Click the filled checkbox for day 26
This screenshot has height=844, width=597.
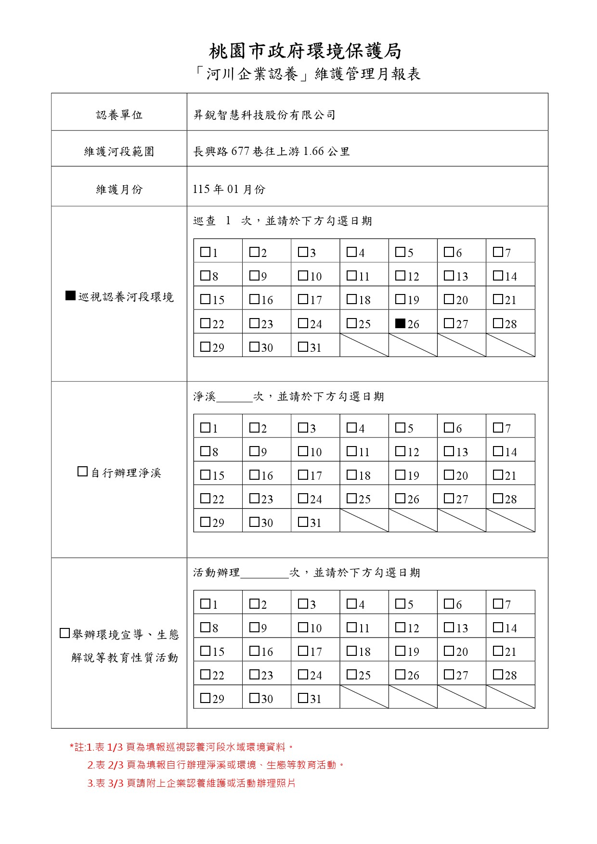click(400, 323)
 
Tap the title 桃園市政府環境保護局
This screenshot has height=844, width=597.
click(305, 51)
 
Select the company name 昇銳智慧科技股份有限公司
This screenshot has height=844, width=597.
click(264, 115)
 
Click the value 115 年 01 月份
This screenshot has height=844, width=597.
click(229, 189)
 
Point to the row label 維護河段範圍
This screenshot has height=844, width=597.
click(119, 152)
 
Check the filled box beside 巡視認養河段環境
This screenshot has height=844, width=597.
click(71, 296)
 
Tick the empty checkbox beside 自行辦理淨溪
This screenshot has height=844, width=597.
click(82, 472)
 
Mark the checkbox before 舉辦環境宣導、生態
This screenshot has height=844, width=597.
click(65, 633)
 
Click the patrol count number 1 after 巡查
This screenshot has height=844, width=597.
click(228, 221)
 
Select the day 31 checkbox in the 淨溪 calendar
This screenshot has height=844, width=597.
click(303, 522)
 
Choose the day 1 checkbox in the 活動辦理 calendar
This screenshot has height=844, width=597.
click(205, 603)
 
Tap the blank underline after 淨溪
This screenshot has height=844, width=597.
click(234, 397)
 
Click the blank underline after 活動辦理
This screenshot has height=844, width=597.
click(264, 574)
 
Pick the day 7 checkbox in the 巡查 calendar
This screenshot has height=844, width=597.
click(498, 252)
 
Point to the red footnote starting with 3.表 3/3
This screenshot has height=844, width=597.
click(192, 783)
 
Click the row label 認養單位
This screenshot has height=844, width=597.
click(119, 115)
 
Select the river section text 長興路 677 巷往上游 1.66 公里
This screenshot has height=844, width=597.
click(271, 152)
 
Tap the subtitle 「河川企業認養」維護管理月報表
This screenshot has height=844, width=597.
click(308, 74)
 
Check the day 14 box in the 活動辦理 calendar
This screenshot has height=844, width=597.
click(498, 627)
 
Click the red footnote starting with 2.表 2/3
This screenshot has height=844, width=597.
click(216, 765)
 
